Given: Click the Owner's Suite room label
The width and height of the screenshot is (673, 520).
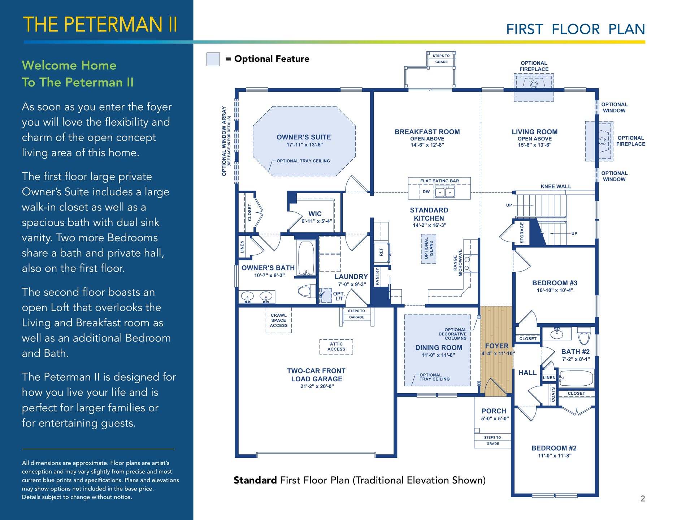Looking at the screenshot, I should (304, 137).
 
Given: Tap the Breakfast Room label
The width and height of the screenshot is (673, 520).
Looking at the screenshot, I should (427, 132).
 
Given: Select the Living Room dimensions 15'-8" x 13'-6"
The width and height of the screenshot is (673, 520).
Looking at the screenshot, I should (535, 145).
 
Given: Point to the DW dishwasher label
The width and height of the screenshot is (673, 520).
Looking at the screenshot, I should (426, 192).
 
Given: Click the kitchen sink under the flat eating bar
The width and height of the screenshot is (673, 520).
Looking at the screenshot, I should (444, 192).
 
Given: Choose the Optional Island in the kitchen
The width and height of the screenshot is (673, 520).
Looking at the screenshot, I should (429, 248).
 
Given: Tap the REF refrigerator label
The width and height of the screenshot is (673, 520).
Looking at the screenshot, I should (381, 252).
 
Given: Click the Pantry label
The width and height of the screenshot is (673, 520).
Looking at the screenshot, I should (377, 276).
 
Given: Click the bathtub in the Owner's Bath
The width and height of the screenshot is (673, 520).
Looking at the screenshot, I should (306, 258).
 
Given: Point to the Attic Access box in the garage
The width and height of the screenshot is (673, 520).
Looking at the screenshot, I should (336, 347).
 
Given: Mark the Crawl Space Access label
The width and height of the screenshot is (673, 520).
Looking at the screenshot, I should (279, 320).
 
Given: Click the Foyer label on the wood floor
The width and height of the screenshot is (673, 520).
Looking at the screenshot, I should (497, 346).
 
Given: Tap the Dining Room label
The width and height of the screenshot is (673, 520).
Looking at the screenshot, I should (439, 347).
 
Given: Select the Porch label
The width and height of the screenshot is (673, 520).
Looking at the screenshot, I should (494, 411).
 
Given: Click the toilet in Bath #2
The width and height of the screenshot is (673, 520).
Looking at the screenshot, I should (584, 336).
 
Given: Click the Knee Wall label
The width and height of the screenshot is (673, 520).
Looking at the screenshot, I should (556, 186).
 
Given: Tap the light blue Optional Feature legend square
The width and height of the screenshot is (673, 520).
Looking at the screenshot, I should (213, 59).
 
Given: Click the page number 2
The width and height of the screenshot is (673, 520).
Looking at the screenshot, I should (643, 499).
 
